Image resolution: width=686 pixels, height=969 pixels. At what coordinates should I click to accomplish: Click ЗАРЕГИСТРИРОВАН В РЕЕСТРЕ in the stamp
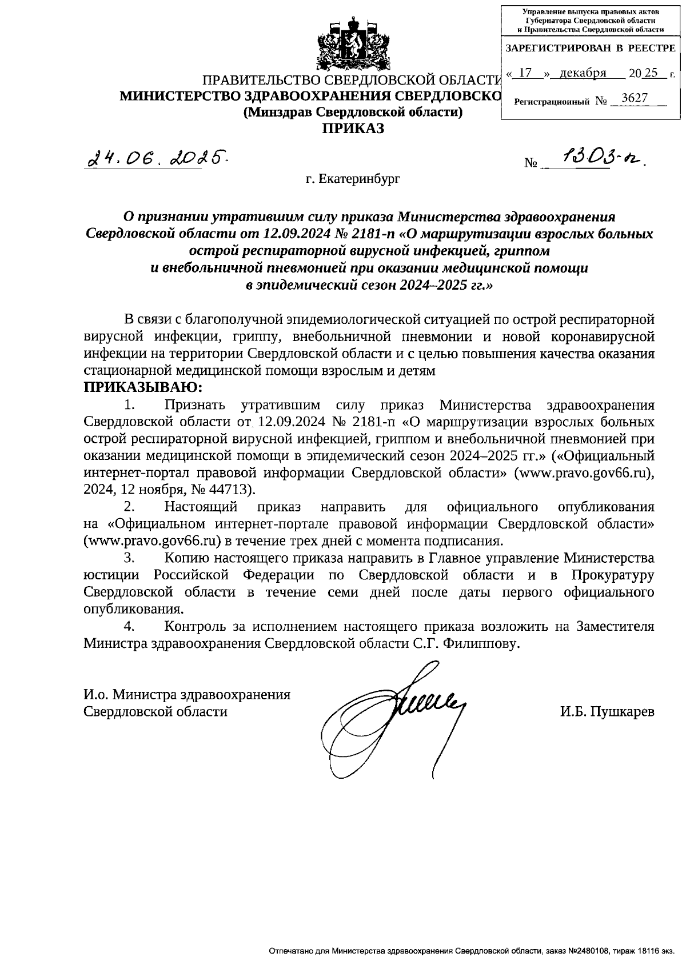tap(591, 49)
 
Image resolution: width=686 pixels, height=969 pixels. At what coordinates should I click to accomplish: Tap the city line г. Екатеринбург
tap(353, 179)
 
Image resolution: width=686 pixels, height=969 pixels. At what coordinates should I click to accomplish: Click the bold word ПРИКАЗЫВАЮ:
tap(142, 387)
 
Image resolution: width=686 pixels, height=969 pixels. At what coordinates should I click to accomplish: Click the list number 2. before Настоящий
tap(130, 506)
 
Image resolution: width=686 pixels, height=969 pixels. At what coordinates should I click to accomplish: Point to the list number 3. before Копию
tap(130, 557)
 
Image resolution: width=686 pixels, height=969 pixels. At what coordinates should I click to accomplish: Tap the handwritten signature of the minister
tap(394, 714)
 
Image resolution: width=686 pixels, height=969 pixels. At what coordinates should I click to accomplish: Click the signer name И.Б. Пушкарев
tap(607, 711)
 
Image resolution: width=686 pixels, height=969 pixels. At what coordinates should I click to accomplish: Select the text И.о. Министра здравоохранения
tap(187, 694)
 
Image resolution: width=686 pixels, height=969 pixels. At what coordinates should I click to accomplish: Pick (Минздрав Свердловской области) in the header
tap(353, 112)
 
